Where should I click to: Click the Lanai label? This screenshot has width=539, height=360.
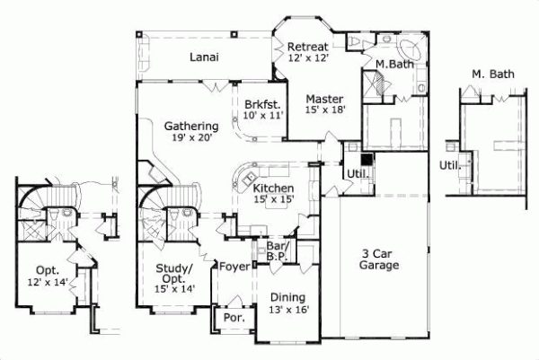pos(206,57)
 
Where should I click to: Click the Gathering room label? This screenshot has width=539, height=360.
pos(191,126)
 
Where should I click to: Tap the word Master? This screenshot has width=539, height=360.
pos(323,98)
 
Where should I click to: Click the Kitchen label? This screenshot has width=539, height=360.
pos(272,189)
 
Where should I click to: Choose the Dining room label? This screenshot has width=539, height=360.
pos(287,298)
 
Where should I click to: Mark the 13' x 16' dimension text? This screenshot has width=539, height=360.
pos(287,310)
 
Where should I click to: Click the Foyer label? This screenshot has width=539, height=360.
pos(234,266)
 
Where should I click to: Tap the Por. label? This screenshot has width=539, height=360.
pos(234,317)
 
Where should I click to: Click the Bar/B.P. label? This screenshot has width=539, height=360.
pos(276,249)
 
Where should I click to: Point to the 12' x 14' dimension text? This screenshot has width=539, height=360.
pos(47,283)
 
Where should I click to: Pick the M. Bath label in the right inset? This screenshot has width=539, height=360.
pos(492,74)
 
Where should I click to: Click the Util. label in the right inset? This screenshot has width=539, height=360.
pos(450,165)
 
